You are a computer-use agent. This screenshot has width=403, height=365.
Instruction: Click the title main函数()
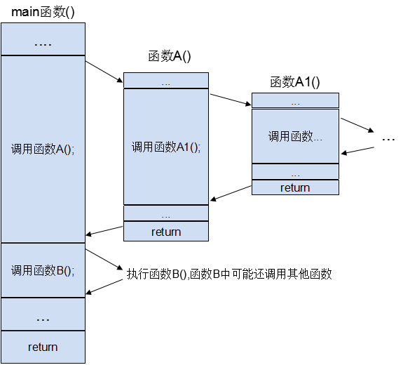click(x=43, y=12)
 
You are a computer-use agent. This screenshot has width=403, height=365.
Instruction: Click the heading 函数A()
click(x=170, y=56)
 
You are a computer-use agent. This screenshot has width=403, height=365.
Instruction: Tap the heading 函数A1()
click(x=295, y=82)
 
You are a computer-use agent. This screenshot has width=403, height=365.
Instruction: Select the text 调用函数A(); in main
click(x=43, y=149)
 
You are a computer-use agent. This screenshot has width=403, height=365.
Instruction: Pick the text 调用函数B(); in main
click(x=43, y=270)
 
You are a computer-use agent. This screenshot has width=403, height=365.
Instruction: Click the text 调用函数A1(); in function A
click(x=166, y=147)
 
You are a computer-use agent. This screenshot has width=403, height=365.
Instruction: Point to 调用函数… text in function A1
click(x=295, y=136)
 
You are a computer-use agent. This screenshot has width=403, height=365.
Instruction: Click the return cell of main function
click(x=43, y=347)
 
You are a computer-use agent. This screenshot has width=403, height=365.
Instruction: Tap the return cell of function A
click(x=166, y=232)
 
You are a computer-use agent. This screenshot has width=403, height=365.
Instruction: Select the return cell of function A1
click(x=295, y=187)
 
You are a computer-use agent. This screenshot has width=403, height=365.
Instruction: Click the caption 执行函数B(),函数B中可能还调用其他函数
click(x=229, y=274)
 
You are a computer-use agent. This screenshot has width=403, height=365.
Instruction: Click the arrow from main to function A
click(x=104, y=72)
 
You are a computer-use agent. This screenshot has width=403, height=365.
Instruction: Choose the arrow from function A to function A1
click(x=231, y=100)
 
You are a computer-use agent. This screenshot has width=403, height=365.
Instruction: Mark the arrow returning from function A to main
click(x=104, y=231)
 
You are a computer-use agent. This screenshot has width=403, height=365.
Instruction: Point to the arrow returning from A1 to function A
click(x=231, y=193)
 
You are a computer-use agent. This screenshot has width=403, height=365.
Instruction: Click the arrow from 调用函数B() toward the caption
click(x=104, y=259)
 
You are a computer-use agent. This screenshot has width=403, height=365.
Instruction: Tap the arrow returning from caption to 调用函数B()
click(x=104, y=286)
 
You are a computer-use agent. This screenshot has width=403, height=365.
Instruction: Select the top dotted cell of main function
click(x=43, y=39)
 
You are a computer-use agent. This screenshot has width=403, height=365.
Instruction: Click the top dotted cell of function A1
click(x=295, y=100)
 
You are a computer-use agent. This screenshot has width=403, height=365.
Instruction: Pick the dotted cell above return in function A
click(x=166, y=213)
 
